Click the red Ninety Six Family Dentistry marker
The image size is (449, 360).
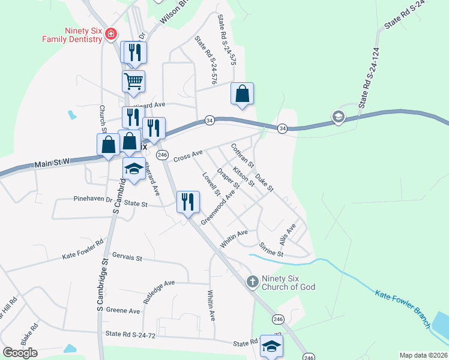point(110,34)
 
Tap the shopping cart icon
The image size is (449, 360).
point(133,80)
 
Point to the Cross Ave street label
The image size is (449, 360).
point(188,157)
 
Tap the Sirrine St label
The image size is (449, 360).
point(271,250)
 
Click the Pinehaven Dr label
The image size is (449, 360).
point(93,199)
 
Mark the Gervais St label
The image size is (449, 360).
point(127,258)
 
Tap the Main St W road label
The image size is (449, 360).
point(53,163)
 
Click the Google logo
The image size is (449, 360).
point(20,353)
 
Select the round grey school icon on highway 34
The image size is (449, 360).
point(339,116)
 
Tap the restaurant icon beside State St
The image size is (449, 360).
point(188,202)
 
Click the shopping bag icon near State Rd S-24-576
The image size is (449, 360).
point(242,94)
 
